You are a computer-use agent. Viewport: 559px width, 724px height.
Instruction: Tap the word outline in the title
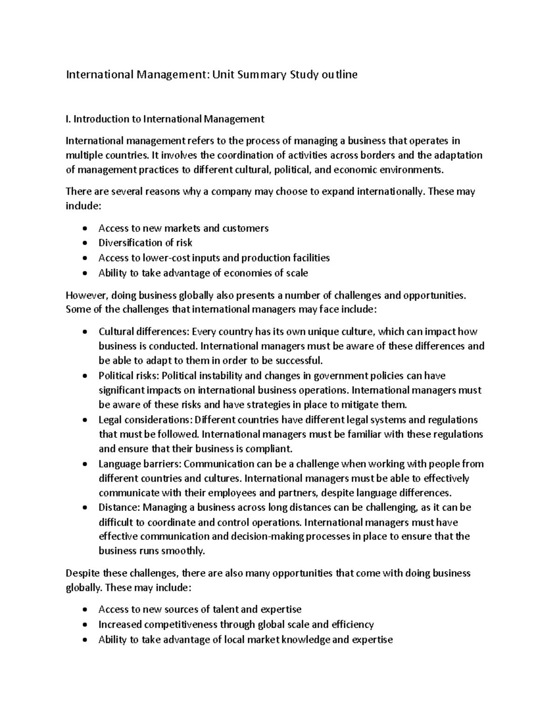(339, 75)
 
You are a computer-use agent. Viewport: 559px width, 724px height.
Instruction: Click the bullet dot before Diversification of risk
(84, 243)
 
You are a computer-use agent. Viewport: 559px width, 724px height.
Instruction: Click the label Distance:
(119, 507)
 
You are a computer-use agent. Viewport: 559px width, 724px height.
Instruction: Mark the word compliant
(270, 448)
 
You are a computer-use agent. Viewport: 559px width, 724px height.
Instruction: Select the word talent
(225, 609)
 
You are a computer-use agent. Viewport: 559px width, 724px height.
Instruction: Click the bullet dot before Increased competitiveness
(84, 625)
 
